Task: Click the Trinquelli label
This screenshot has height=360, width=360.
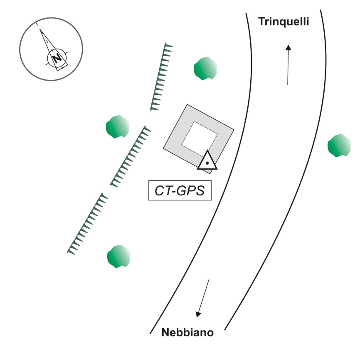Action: (x=284, y=22)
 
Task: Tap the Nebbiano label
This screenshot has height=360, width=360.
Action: (x=187, y=333)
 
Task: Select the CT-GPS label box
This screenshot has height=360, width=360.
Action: (x=180, y=191)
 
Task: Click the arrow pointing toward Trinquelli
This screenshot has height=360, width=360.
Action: (x=288, y=64)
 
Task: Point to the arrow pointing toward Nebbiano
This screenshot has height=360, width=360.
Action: (x=203, y=298)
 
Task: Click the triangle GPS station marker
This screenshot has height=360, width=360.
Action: (x=207, y=161)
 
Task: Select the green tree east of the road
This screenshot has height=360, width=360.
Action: (x=339, y=145)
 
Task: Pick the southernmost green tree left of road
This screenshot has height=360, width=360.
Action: (x=118, y=256)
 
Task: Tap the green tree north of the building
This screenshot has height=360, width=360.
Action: (x=205, y=68)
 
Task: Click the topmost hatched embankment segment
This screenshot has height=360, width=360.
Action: (x=161, y=76)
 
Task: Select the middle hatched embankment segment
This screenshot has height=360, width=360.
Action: (x=131, y=156)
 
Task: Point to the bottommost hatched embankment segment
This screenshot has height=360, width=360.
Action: (x=88, y=223)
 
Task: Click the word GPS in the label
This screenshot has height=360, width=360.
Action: (x=192, y=191)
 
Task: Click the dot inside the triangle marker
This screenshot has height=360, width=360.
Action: (x=207, y=163)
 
